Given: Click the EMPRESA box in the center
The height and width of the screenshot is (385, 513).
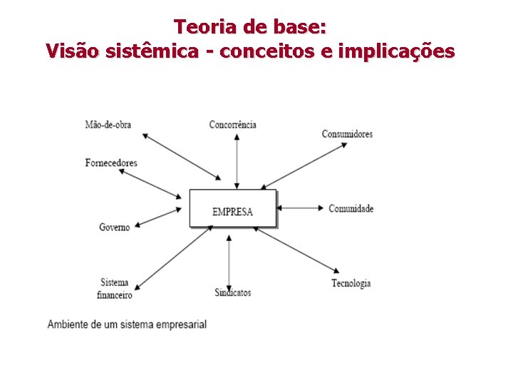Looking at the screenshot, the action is (232, 208).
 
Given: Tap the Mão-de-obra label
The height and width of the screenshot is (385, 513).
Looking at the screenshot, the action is (108, 125).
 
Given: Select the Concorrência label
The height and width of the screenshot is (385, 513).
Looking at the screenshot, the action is (232, 125).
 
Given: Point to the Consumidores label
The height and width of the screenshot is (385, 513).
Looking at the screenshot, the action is (347, 134).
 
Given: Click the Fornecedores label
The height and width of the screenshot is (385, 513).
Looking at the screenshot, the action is (111, 163).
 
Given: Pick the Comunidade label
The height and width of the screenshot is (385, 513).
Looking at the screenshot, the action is (351, 209).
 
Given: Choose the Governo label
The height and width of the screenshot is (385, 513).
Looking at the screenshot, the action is (115, 227).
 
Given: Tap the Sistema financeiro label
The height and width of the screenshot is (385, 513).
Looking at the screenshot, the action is (115, 289).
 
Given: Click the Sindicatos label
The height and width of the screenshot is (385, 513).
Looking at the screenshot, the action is (232, 292).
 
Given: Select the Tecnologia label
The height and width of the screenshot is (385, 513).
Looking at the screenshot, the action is (351, 284).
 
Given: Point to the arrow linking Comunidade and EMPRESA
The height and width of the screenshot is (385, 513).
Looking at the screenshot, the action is (301, 208).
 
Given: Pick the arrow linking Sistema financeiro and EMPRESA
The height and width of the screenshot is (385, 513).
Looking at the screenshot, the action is (172, 257).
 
